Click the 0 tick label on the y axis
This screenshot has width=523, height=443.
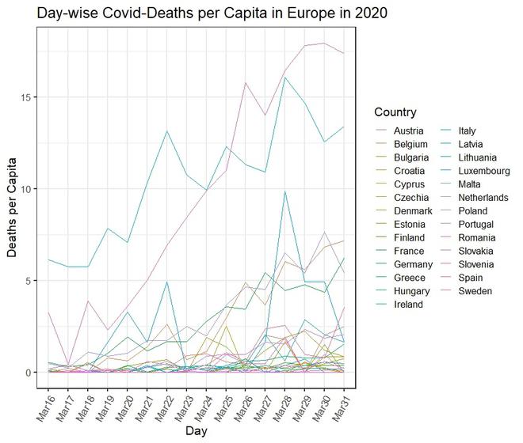(29, 373)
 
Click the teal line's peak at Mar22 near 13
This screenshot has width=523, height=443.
(166, 131)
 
